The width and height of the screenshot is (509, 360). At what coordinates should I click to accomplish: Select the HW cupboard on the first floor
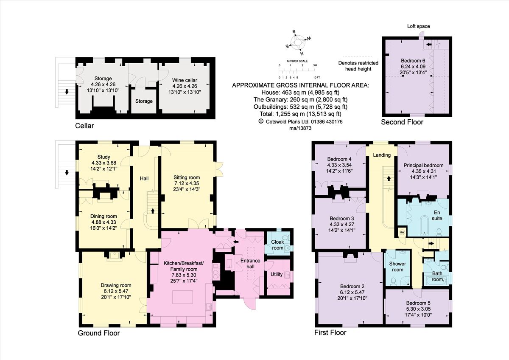click(401, 232)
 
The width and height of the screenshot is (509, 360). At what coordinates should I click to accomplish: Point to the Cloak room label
click(277, 245)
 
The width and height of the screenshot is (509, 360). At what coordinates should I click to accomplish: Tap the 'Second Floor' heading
click(402, 122)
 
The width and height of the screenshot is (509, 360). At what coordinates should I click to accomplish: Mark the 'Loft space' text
click(418, 26)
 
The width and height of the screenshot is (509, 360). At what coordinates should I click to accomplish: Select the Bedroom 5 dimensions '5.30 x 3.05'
click(417, 309)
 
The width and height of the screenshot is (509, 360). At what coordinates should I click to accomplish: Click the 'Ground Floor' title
click(98, 333)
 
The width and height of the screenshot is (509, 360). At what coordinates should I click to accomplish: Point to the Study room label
click(103, 157)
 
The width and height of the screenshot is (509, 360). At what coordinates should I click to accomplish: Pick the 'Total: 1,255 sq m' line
click(300, 114)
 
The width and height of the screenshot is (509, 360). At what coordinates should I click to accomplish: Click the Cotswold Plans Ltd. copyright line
click(300, 121)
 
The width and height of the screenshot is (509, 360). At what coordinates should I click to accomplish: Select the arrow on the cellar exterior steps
click(66, 92)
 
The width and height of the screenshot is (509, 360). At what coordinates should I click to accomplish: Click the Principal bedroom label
click(423, 165)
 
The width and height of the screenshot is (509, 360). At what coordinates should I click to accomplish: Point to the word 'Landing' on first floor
click(382, 155)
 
